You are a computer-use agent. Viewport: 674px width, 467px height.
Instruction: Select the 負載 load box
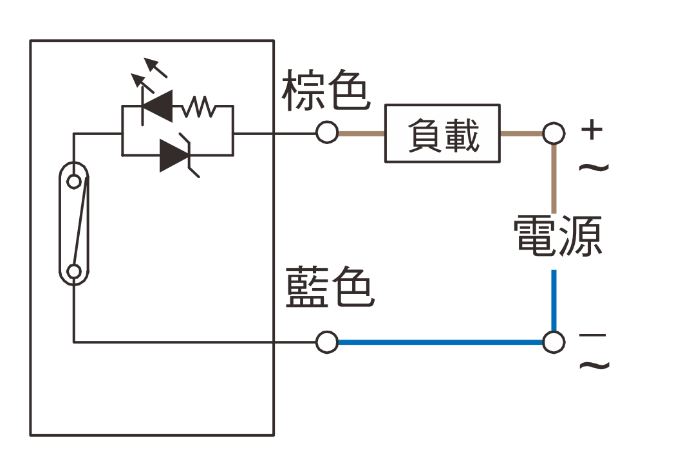point(442,133)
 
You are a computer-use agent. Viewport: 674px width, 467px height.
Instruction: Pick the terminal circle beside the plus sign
point(553,133)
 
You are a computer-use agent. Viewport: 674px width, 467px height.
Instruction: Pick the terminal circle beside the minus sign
point(553,342)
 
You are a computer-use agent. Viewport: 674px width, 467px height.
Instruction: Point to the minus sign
point(592,336)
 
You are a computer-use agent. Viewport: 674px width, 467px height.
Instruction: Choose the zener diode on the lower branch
point(174,155)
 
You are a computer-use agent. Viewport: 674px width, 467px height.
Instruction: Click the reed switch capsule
point(74,224)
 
